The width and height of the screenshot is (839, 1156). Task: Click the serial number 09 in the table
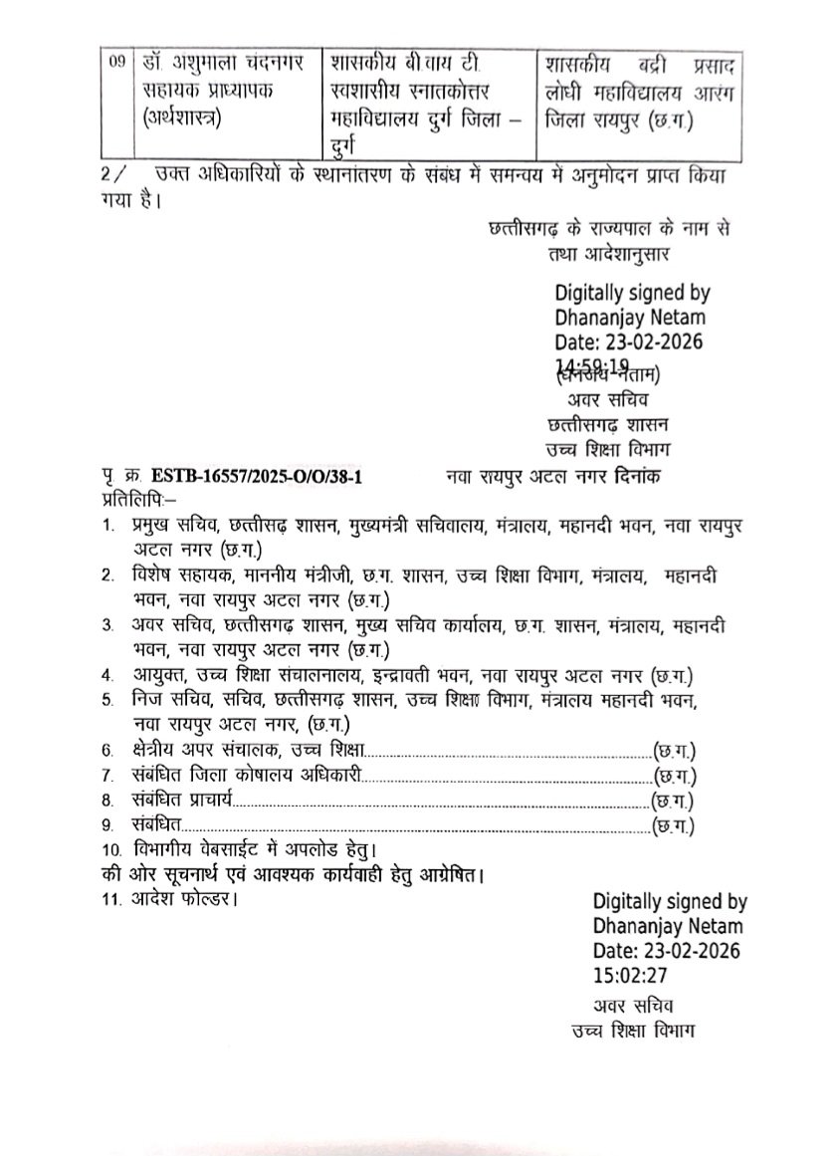[117, 62]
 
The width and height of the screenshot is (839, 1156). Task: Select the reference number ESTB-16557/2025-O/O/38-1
[254, 477]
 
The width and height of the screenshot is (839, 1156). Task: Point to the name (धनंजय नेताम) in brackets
[606, 375]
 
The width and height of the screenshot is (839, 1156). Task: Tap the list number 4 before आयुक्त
[106, 675]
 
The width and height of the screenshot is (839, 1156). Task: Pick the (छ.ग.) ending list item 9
[674, 824]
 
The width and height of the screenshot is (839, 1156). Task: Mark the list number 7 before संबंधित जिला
[106, 775]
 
